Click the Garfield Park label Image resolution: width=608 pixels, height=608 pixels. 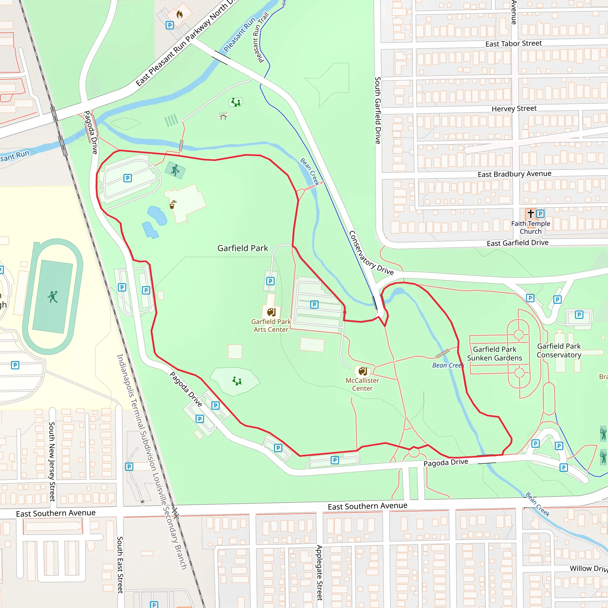point(243,248)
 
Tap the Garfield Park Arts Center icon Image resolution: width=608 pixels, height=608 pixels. point(271,312)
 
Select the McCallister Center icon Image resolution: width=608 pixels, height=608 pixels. point(362,371)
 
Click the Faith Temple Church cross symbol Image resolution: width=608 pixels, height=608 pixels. point(531,214)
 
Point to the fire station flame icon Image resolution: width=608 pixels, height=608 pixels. point(179,14)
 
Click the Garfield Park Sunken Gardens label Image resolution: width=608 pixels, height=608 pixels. point(494,354)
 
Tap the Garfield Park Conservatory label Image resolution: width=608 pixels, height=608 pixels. point(559,351)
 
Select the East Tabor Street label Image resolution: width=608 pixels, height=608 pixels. point(513,44)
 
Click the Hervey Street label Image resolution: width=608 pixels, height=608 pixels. point(514,109)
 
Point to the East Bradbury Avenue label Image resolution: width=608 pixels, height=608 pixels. point(514,174)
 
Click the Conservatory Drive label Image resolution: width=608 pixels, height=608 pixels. point(371,253)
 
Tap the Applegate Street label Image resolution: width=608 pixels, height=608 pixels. point(319,572)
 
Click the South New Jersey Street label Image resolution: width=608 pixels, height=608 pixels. point(52,461)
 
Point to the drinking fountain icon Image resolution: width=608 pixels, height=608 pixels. point(172,205)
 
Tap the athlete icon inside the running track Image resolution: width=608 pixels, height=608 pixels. point(53,297)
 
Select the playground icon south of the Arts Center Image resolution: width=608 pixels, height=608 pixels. point(237,381)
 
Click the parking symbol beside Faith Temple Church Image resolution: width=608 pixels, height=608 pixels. point(540,214)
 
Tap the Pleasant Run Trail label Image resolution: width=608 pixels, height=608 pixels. point(261,37)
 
